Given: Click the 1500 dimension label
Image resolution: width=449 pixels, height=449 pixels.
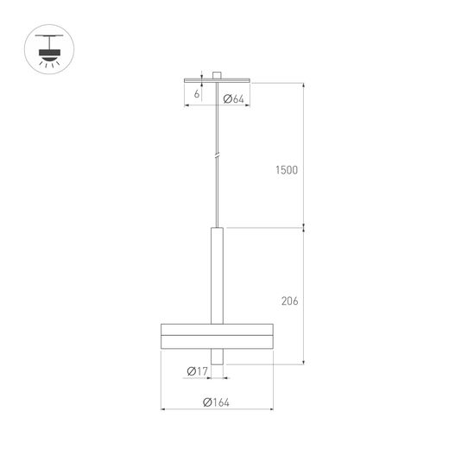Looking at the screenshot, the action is click(287, 170).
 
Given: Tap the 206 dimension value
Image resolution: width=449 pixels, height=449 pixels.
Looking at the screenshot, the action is click(290, 301).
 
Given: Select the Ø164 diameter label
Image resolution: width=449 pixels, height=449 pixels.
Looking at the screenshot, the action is click(216, 402).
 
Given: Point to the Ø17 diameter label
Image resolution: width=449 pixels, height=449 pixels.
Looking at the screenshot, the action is click(197, 371).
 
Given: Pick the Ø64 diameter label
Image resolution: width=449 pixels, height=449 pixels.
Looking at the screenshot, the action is click(233, 99).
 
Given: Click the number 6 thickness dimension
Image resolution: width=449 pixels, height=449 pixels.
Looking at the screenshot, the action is click(197, 94).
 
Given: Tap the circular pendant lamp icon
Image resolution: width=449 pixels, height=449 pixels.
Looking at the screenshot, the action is click(49, 49).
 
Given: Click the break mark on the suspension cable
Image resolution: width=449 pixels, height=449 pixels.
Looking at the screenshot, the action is click(218, 155).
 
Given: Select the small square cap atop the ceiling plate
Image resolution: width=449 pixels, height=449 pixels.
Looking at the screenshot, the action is click(217, 75).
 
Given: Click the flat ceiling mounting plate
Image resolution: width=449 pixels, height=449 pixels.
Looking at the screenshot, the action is click(217, 80).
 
